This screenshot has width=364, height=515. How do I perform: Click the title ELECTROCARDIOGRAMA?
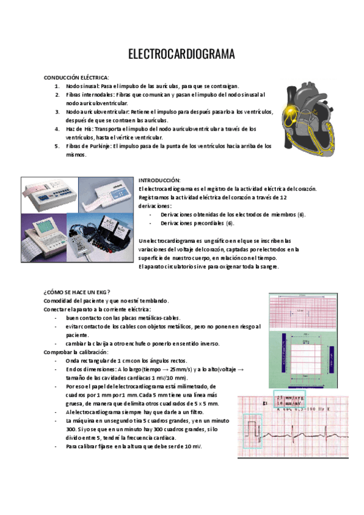(181, 55)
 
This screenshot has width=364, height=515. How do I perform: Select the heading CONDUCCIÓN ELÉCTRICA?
(76, 78)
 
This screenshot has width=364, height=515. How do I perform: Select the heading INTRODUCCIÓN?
(160, 181)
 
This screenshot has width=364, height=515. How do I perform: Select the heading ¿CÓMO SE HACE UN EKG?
(77, 292)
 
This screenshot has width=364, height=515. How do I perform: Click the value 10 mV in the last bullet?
(192, 446)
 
